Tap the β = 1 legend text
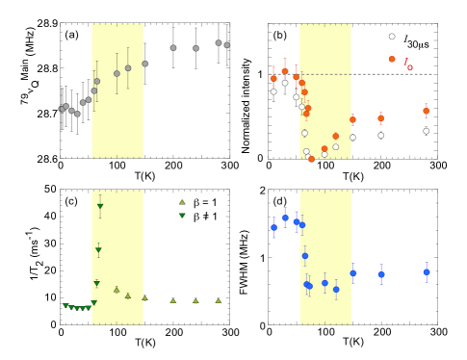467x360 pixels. pyautogui.click(x=203, y=201)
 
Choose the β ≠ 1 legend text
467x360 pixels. pyautogui.click(x=203, y=217)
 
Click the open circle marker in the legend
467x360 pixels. pyautogui.click(x=391, y=37)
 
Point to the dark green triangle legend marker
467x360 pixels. pyautogui.click(x=181, y=217)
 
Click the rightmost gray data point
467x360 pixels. pyautogui.click(x=226, y=44)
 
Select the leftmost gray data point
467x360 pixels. pyautogui.click(x=62, y=109)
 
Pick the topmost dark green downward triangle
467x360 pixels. pyautogui.click(x=99, y=206)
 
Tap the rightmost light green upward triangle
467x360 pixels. pyautogui.click(x=219, y=300)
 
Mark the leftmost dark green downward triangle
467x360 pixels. pyautogui.click(x=65, y=305)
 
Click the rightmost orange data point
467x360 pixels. pyautogui.click(x=426, y=110)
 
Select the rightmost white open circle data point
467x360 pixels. pyautogui.click(x=426, y=131)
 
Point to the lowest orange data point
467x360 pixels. pyautogui.click(x=311, y=159)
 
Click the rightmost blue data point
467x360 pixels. pyautogui.click(x=426, y=271)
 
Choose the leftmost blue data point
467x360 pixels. pyautogui.click(x=273, y=227)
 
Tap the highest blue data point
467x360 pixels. pyautogui.click(x=285, y=218)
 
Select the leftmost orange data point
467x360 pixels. pyautogui.click(x=273, y=78)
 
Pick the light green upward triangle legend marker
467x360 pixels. pyautogui.click(x=181, y=201)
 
